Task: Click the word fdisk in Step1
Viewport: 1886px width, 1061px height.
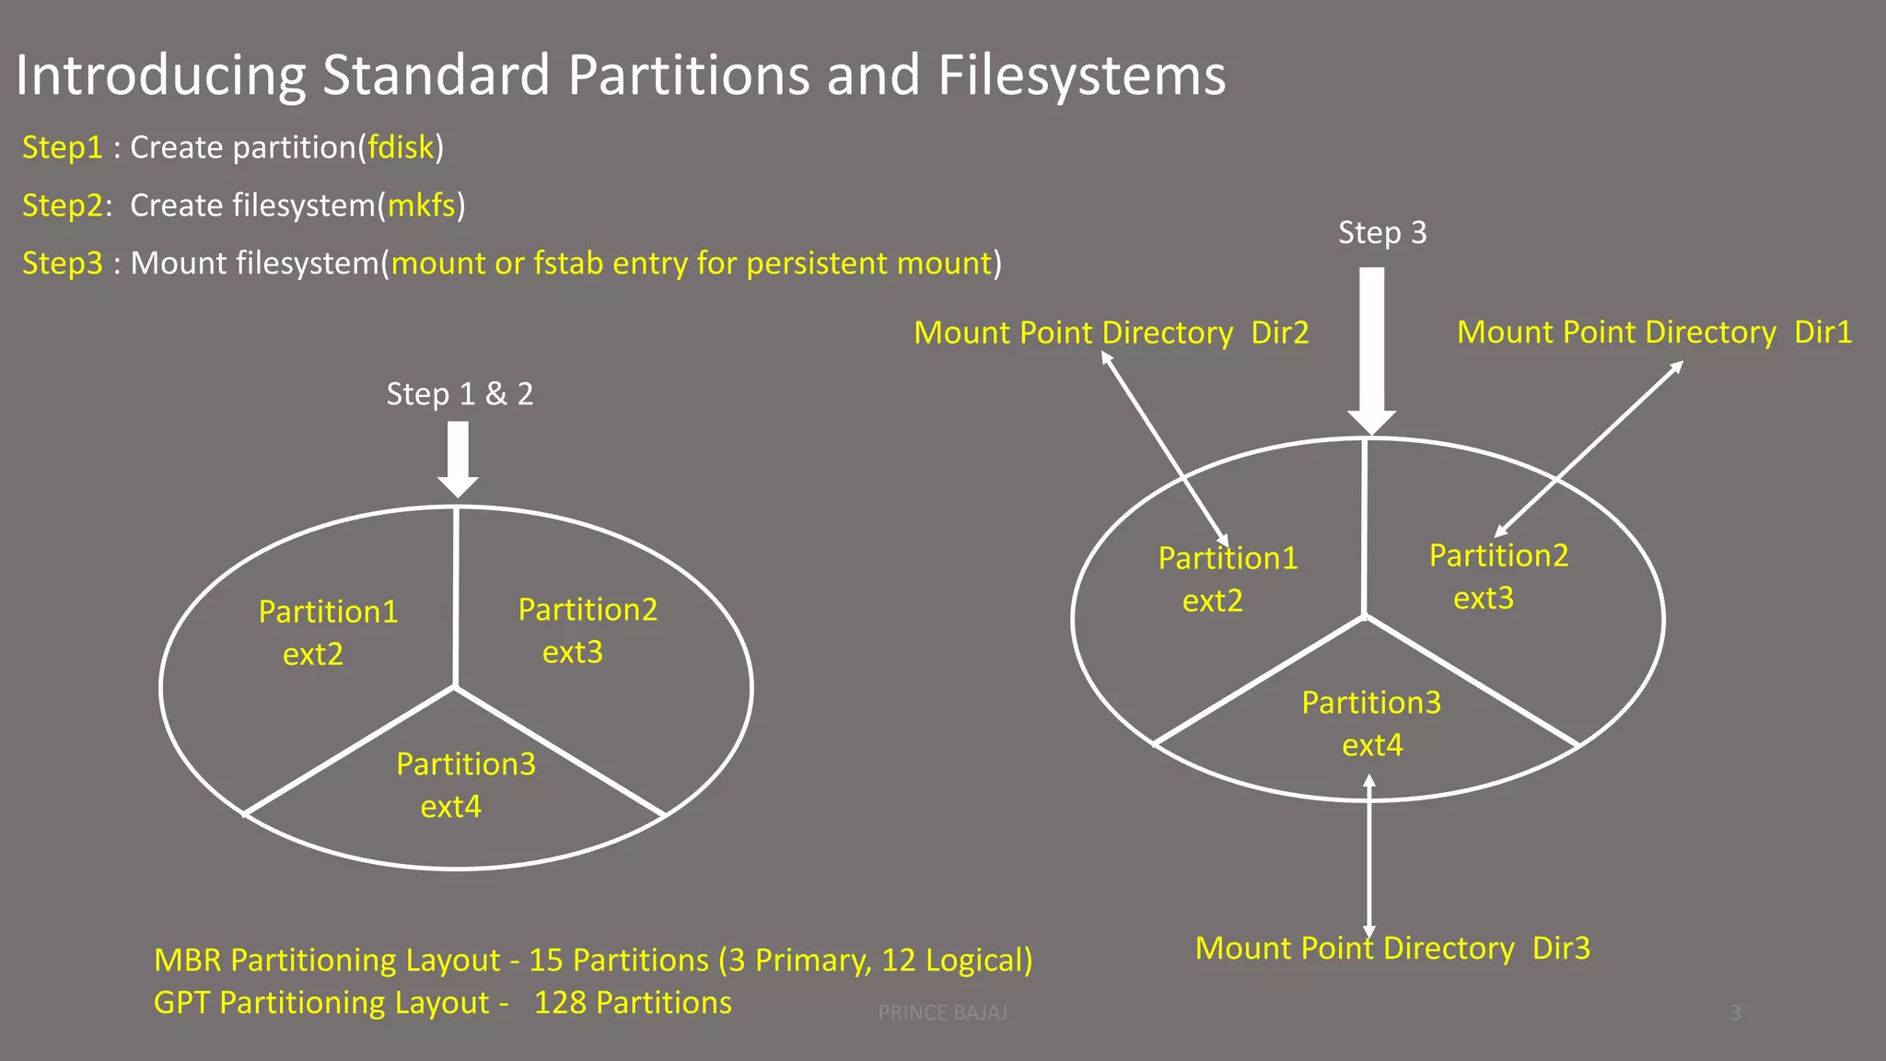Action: click(x=401, y=147)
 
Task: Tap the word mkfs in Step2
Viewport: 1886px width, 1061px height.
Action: click(x=421, y=205)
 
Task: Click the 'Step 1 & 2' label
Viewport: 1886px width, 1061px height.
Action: click(x=460, y=394)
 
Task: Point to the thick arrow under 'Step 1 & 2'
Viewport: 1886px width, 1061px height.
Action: click(x=458, y=459)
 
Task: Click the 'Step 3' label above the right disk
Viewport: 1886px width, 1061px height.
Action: click(x=1382, y=233)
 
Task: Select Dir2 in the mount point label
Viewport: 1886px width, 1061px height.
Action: click(x=1280, y=332)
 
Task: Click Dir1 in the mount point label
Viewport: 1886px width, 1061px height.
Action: click(x=1822, y=332)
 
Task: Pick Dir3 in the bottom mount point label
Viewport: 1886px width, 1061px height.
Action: click(x=1561, y=949)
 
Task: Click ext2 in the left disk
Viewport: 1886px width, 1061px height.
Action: click(x=313, y=655)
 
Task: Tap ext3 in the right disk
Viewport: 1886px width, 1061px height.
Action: click(x=1484, y=599)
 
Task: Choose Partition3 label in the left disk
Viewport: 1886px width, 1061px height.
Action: click(x=466, y=764)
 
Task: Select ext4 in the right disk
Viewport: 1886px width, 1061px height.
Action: click(x=1372, y=745)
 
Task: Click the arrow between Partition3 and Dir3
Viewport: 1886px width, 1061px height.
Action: click(x=1369, y=857)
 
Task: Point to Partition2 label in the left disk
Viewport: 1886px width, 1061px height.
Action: click(x=588, y=610)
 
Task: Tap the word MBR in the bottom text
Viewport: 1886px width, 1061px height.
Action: click(x=187, y=961)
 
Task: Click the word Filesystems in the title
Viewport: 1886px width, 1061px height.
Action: click(x=1081, y=76)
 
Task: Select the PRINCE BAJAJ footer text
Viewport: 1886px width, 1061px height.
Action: click(x=942, y=1013)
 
